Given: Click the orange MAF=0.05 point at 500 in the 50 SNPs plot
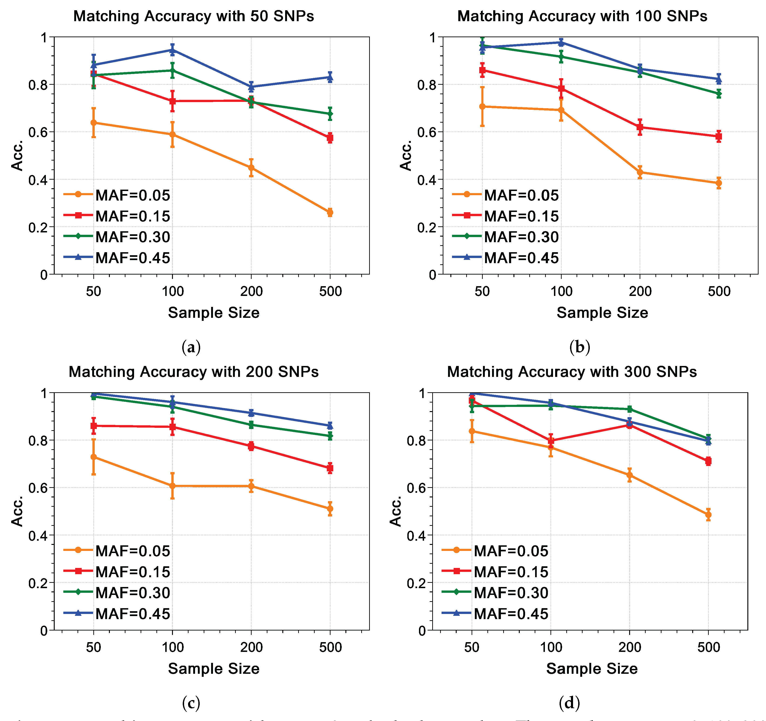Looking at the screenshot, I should [x=330, y=212].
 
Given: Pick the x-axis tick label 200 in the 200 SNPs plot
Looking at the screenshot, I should [x=251, y=647].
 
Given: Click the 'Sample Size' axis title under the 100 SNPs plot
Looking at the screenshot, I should [x=602, y=313].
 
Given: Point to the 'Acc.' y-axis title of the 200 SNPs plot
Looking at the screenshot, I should [x=17, y=511].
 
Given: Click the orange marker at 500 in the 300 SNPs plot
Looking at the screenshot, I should [x=708, y=515].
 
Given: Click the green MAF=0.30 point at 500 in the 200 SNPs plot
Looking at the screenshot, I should [x=330, y=436].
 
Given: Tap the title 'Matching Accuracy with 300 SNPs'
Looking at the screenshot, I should [x=572, y=372].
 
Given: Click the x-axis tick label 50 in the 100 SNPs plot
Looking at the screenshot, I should [x=482, y=292].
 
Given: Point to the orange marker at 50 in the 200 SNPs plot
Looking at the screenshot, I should [x=93, y=457].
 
